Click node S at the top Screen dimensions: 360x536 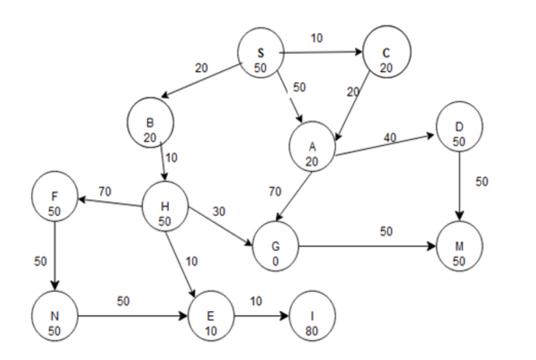(261, 59)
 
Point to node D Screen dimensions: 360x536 (459, 133)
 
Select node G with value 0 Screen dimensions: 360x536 (275, 245)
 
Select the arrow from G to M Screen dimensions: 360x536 (366, 245)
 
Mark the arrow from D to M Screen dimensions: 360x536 (459, 186)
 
